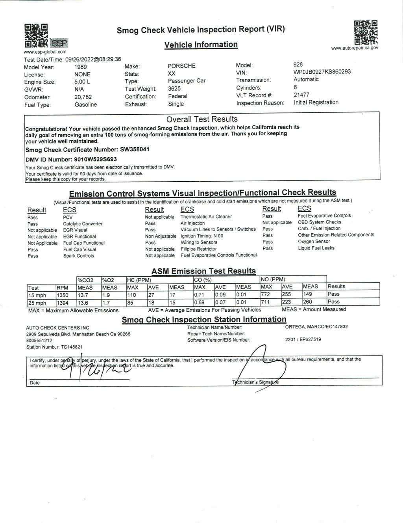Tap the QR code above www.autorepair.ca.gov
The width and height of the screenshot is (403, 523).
(x=366, y=32)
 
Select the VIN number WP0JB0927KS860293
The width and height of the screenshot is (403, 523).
(x=322, y=72)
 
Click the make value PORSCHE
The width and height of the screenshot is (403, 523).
(x=181, y=66)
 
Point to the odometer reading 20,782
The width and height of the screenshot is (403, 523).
(x=83, y=97)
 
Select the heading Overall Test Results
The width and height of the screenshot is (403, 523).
(x=202, y=119)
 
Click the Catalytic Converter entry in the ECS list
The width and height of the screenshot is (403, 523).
(x=83, y=224)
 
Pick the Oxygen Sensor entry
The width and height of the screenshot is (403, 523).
(x=314, y=242)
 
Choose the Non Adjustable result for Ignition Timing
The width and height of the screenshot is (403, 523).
(x=161, y=236)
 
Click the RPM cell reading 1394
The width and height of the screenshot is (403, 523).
(x=63, y=303)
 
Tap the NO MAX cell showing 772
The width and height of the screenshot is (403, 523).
(x=267, y=294)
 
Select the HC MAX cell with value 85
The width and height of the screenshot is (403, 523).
(x=130, y=303)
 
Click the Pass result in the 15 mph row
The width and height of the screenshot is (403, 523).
(x=333, y=294)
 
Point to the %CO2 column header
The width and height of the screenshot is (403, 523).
(x=85, y=280)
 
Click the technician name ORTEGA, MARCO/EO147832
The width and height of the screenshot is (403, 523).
(x=316, y=327)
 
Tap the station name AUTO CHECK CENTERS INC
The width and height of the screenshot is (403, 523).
(x=57, y=328)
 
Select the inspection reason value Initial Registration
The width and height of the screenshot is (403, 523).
(x=316, y=102)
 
